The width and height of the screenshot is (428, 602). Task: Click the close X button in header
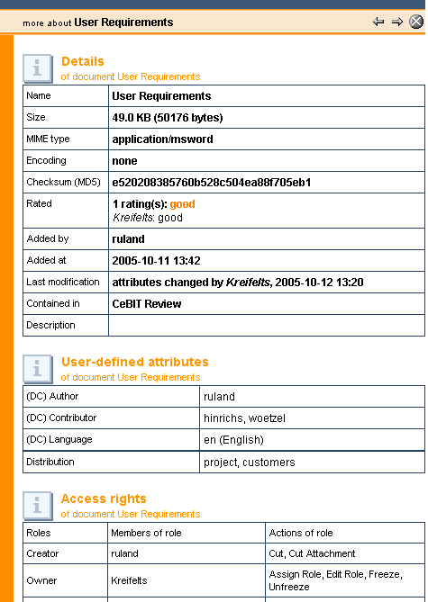point(415,22)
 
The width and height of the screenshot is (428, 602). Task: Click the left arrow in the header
point(378,22)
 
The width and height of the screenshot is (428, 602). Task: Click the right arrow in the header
point(396,22)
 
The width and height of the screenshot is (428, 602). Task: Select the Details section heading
point(83,62)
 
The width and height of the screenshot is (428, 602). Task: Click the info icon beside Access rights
point(37,505)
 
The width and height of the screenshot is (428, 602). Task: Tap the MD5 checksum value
point(211,183)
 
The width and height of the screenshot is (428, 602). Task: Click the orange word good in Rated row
point(182,204)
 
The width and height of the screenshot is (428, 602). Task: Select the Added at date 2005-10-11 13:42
point(156,261)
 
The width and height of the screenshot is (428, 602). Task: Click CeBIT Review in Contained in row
point(146,304)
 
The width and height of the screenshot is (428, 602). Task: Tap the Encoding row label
point(46,161)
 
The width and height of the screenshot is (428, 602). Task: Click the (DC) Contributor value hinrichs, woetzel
point(244,418)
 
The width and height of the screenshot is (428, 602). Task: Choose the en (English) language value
point(233,440)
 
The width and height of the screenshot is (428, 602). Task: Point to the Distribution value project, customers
point(250,463)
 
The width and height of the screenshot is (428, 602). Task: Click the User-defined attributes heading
point(134,362)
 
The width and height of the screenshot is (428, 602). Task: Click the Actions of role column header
point(300,533)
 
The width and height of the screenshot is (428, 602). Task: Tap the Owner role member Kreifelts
point(132,581)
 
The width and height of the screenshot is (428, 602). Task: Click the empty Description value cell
point(266,326)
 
